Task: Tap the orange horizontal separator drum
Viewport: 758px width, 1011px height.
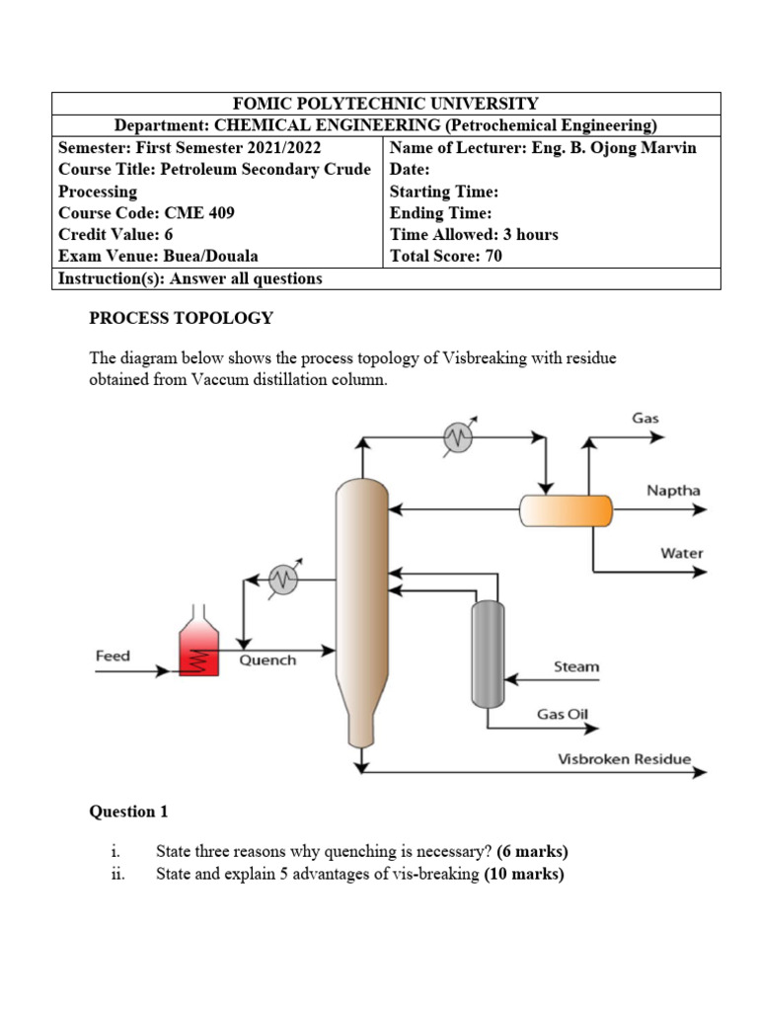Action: click(x=566, y=510)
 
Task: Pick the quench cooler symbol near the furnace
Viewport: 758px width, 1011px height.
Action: click(x=284, y=581)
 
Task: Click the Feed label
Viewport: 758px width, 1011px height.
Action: click(x=113, y=655)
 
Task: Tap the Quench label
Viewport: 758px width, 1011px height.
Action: click(x=267, y=660)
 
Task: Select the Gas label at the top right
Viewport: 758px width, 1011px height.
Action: click(x=645, y=418)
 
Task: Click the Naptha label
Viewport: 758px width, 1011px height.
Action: click(x=673, y=491)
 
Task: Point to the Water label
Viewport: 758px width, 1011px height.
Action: click(x=681, y=553)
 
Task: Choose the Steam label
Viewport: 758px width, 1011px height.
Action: click(x=575, y=666)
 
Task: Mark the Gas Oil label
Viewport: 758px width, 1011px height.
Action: click(x=567, y=713)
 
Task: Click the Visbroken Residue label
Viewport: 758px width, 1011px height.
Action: click(x=624, y=759)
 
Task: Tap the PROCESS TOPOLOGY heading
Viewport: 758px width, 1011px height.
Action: click(x=181, y=318)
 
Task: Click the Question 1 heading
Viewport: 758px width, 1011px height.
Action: click(x=128, y=812)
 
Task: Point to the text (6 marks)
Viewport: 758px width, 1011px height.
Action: click(x=533, y=851)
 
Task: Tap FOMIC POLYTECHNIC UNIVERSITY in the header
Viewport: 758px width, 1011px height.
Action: click(x=385, y=104)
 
